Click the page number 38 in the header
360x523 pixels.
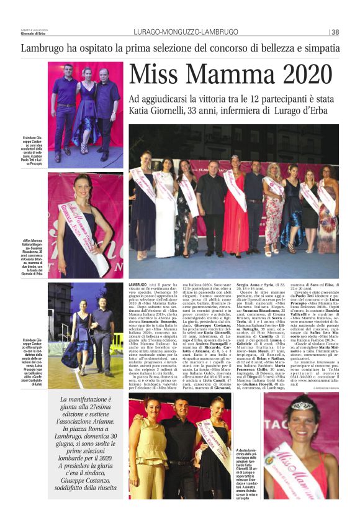(x=335, y=33)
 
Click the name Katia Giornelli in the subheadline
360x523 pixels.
(x=160, y=111)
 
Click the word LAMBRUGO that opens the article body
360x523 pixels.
(x=138, y=284)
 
